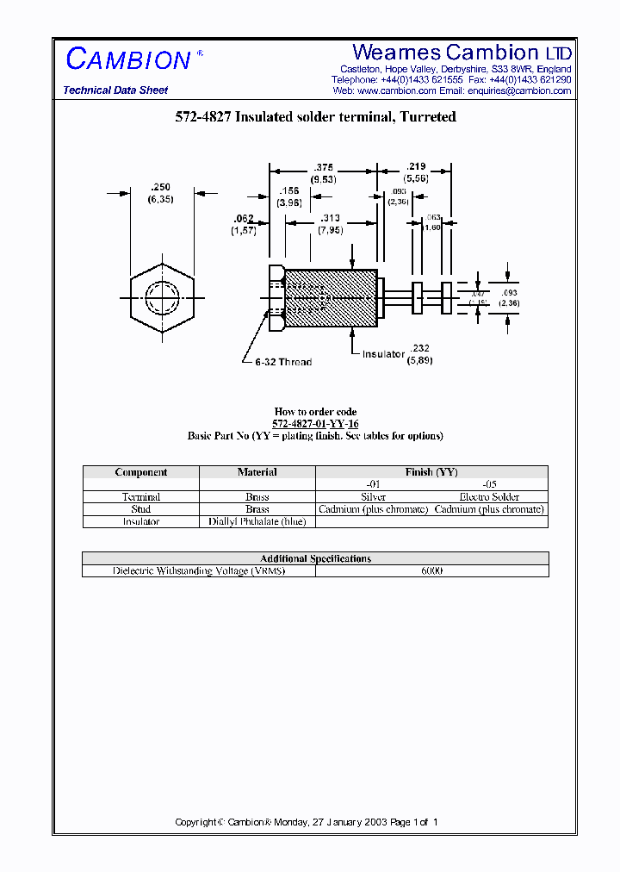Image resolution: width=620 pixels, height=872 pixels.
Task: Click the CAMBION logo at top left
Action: pos(128,59)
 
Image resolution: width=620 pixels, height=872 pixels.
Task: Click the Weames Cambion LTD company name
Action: pos(462,53)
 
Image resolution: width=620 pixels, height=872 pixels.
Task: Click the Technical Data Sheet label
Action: pos(115,90)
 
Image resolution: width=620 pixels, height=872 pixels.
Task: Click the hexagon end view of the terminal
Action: pos(163,298)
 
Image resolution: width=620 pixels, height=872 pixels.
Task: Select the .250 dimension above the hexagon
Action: pos(160,186)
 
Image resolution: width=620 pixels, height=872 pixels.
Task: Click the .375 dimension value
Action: pos(324,168)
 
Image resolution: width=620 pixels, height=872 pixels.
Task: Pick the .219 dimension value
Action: pos(417,166)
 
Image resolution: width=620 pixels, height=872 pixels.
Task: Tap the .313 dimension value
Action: pos(328,218)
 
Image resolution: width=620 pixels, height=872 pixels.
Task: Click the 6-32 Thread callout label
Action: pos(283,363)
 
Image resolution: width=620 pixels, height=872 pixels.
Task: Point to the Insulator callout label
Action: pos(383,354)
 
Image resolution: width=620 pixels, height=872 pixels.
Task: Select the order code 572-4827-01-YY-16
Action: pos(315,424)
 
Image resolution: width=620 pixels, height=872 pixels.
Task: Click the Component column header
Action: pos(141,472)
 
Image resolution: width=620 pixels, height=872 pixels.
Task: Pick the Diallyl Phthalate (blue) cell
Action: pos(257,521)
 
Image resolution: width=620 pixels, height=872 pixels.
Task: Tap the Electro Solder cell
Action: pos(489,497)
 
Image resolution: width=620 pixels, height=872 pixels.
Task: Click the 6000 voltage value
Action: pos(431,571)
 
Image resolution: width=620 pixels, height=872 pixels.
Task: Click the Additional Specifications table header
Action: pos(315,558)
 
